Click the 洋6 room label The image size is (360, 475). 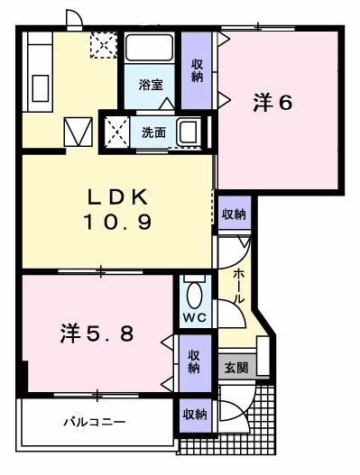(272, 104)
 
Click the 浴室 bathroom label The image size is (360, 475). (150, 86)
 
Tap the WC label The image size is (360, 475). (195, 319)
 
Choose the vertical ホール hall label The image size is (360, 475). (237, 285)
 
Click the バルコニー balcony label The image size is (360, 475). (94, 421)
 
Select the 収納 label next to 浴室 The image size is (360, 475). (197, 70)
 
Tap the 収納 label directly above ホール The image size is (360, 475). (234, 214)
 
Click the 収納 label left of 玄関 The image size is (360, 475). (195, 361)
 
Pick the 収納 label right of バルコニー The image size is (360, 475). (195, 415)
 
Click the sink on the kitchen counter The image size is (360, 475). (39, 88)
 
